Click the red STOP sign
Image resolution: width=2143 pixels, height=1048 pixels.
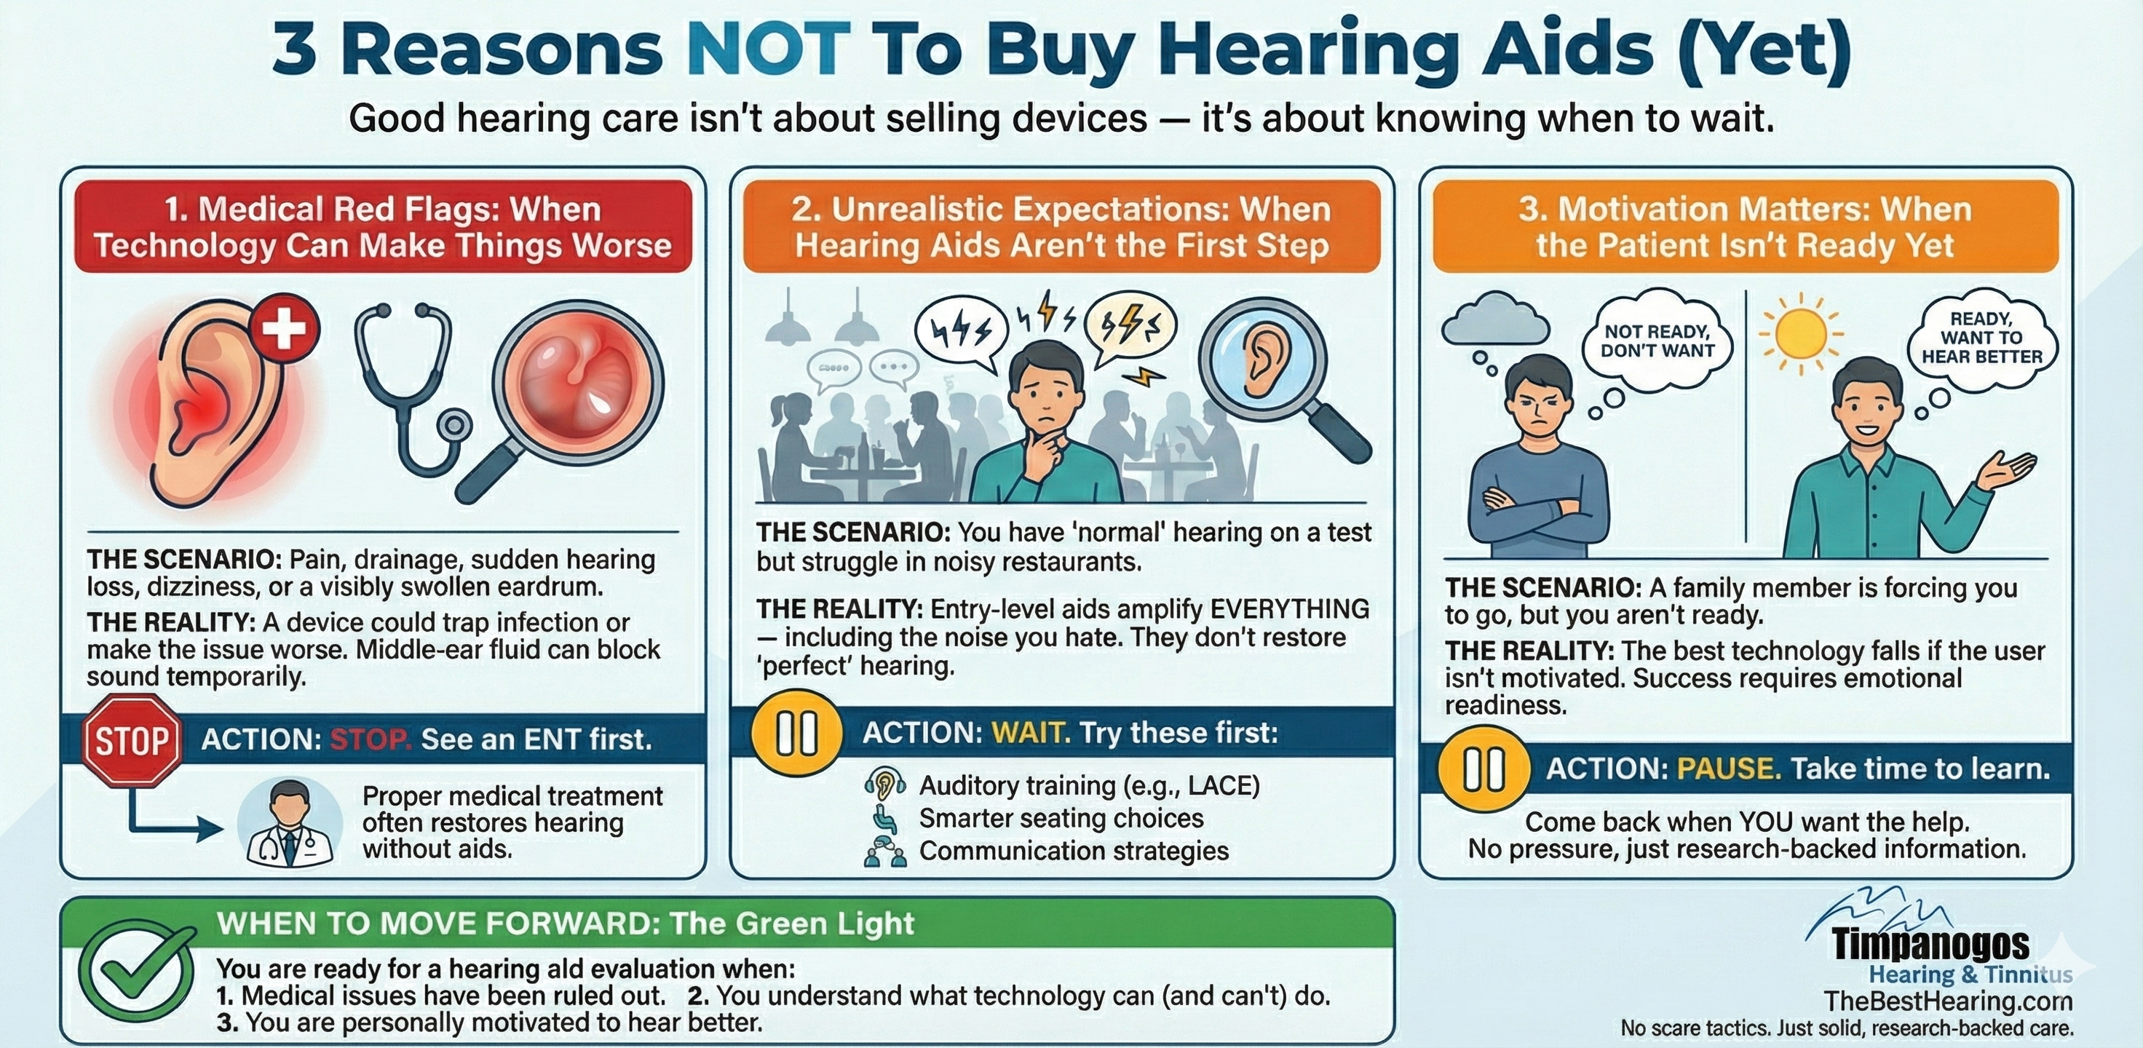point(132,739)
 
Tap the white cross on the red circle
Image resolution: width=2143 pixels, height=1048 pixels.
point(285,327)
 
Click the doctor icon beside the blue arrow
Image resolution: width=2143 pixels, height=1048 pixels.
point(290,822)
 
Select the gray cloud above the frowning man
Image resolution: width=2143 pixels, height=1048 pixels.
point(1495,318)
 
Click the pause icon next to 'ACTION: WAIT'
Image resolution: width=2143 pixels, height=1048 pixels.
point(796,733)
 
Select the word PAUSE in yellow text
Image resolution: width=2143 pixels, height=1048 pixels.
point(1729,769)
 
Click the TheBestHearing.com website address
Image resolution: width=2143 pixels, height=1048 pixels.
point(1946,1001)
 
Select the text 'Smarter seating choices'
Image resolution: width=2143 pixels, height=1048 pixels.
point(1061,819)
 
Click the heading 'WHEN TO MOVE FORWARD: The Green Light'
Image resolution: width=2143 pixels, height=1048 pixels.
point(565,924)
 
